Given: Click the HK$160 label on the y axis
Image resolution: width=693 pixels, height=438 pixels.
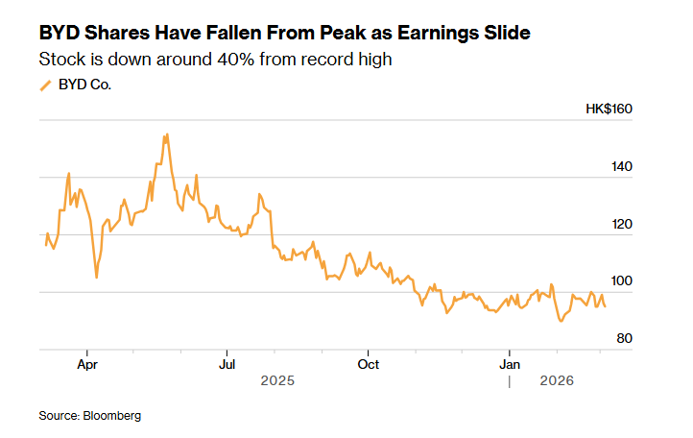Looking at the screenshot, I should (609, 109).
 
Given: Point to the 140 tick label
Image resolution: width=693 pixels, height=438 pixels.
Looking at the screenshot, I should (621, 166).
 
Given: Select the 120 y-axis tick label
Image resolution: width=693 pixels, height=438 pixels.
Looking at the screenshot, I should (621, 224).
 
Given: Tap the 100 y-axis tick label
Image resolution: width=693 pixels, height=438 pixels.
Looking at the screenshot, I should (621, 281).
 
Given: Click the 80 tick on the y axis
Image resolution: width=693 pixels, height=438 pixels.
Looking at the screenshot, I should (624, 338).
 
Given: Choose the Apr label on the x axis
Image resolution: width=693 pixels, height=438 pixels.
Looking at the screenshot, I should (86, 364).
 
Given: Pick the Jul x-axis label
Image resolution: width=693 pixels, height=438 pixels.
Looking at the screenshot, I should (227, 364).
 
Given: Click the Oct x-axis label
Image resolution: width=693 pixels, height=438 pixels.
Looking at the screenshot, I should (368, 364).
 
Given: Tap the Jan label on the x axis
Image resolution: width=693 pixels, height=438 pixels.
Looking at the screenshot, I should (510, 364).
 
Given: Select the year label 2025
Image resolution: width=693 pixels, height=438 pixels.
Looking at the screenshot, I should (277, 381).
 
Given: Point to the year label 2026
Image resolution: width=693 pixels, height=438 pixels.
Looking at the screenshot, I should (557, 381).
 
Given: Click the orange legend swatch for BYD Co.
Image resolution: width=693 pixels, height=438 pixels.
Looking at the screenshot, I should (44, 85).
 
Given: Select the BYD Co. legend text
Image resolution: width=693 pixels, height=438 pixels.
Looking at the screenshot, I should (84, 85).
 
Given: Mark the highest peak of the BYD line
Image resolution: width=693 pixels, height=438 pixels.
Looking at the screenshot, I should (167, 134).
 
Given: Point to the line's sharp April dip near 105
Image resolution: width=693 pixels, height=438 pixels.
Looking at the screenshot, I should (96, 277).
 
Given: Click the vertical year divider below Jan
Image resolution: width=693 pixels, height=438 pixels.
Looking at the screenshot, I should (510, 381).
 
